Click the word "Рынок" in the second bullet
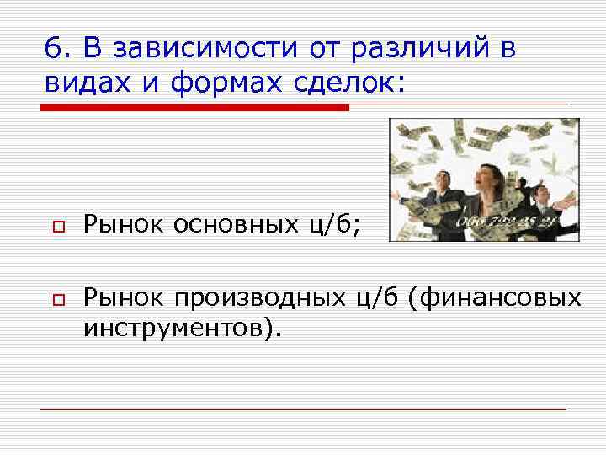click(123, 297)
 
